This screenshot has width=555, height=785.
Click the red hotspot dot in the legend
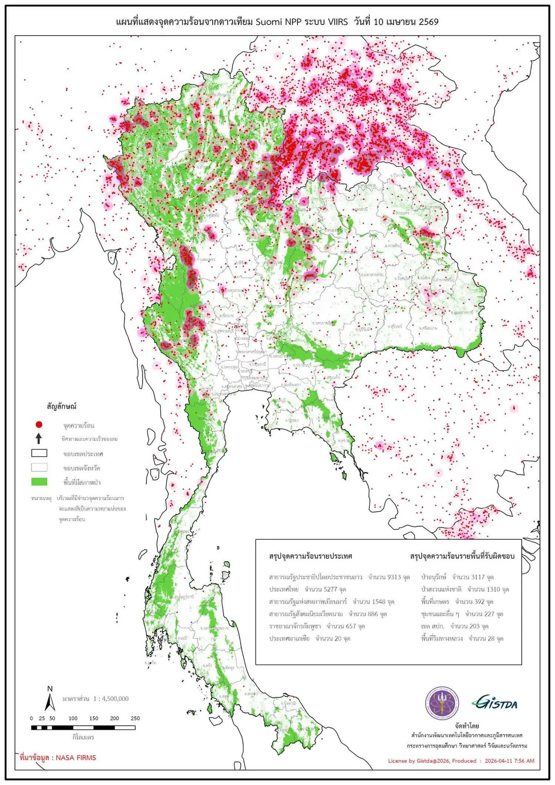(39, 425)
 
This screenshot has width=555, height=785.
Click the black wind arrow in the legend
(39, 439)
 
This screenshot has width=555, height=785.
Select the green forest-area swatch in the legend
(39, 482)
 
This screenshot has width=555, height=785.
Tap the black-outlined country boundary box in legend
(39, 453)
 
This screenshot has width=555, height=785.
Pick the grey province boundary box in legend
(39, 468)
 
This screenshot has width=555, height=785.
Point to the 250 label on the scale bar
(135, 718)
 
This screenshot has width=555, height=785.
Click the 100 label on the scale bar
(73, 718)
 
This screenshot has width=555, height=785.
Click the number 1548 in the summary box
(377, 602)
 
